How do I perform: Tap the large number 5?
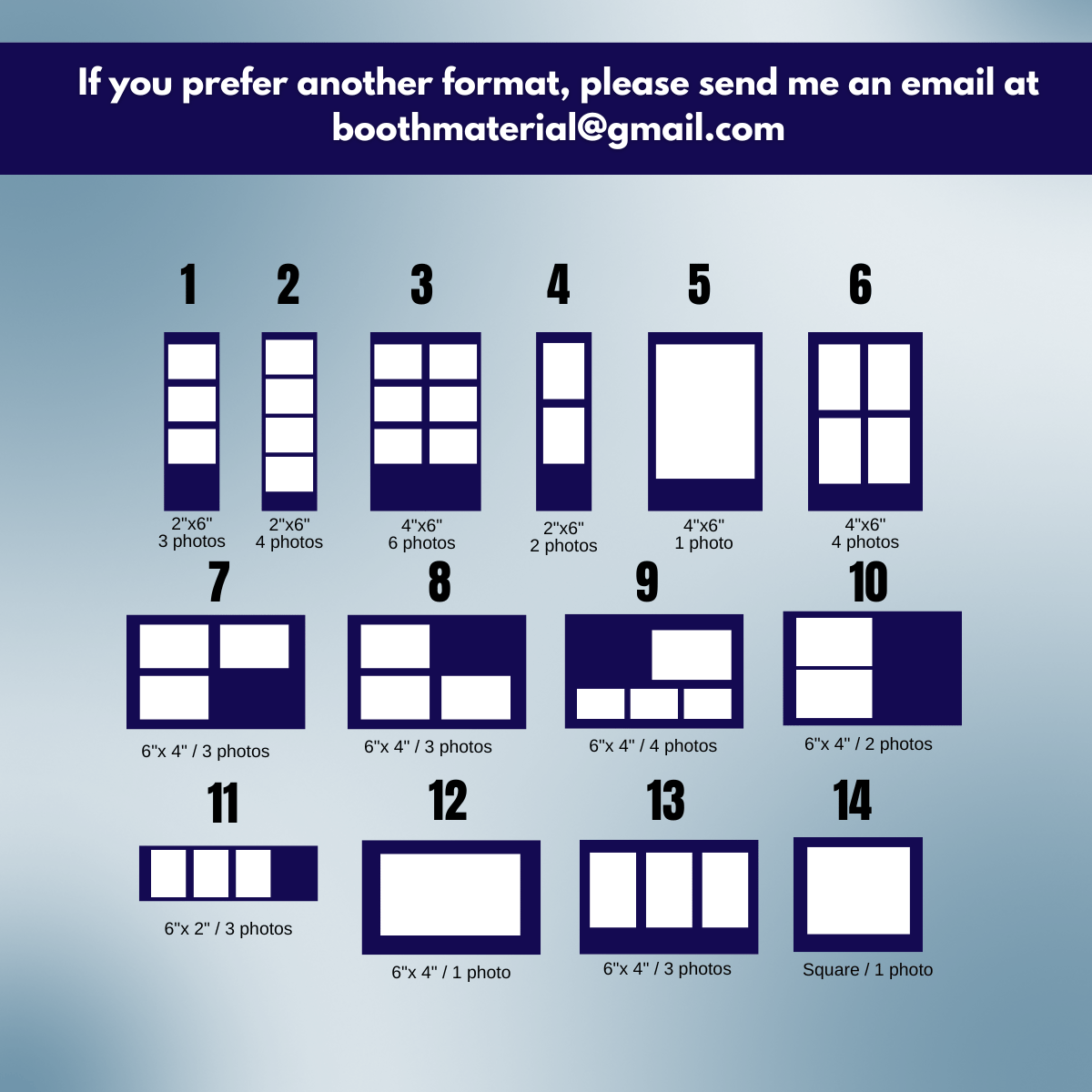pyautogui.click(x=699, y=285)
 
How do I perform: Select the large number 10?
pyautogui.click(x=868, y=582)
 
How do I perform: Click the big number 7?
pyautogui.click(x=218, y=582)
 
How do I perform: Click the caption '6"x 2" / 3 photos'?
pyautogui.click(x=228, y=929)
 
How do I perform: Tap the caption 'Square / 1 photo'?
pyautogui.click(x=867, y=969)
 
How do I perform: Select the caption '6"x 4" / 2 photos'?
pyautogui.click(x=868, y=744)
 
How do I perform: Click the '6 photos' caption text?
pyautogui.click(x=421, y=543)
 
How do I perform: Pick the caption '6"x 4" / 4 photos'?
pyautogui.click(x=652, y=746)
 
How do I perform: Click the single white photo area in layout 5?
pyautogui.click(x=705, y=411)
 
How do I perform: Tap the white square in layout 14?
pyautogui.click(x=858, y=890)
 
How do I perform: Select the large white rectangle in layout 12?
pyautogui.click(x=450, y=895)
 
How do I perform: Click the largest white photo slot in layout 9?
pyautogui.click(x=692, y=654)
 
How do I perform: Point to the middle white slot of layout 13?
pyautogui.click(x=669, y=890)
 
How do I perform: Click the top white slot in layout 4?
pyautogui.click(x=564, y=370)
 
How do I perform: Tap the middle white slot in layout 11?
pyautogui.click(x=211, y=874)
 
